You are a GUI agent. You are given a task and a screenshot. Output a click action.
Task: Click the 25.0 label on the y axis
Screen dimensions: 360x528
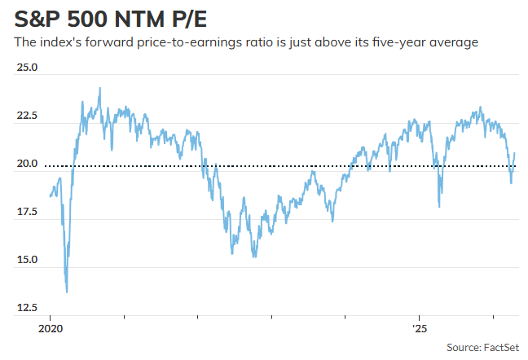coord(26,68)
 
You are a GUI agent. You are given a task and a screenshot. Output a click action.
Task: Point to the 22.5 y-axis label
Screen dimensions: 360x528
coord(26,116)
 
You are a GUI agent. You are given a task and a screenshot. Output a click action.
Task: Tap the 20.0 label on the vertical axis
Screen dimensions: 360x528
coord(26,164)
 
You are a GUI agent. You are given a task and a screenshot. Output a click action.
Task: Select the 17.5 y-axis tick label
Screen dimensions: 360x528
coord(26,212)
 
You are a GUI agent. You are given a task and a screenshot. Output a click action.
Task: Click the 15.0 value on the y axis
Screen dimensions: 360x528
coord(26,260)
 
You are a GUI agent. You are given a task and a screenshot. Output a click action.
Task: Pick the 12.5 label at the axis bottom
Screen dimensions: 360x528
coord(26,308)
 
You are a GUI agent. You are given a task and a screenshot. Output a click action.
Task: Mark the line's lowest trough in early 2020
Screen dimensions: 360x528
coord(67,292)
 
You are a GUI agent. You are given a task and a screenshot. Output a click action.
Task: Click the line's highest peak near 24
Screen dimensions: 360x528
coord(100,88)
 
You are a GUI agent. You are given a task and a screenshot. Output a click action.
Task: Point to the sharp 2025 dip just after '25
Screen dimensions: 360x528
coord(439,206)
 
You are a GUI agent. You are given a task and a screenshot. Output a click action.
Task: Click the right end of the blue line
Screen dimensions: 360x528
coord(514,153)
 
